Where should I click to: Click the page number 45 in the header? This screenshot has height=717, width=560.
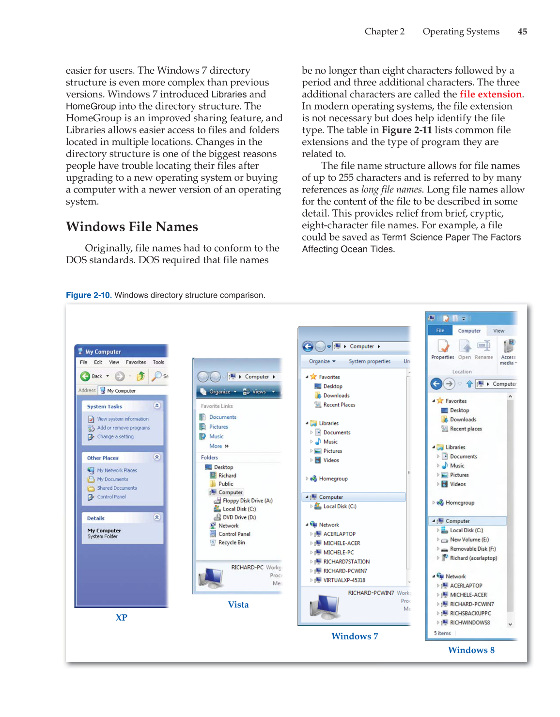pyautogui.click(x=522, y=32)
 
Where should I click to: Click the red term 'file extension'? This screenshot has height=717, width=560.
pyautogui.click(x=491, y=94)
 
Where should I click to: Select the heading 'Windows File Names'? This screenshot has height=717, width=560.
pyautogui.click(x=132, y=227)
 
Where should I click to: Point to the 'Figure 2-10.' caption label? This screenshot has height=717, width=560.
pyautogui.click(x=89, y=295)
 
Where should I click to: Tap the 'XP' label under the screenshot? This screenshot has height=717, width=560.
pyautogui.click(x=121, y=618)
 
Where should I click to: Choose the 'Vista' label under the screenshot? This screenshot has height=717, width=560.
pyautogui.click(x=238, y=605)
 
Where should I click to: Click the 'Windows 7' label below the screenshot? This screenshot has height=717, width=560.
pyautogui.click(x=355, y=637)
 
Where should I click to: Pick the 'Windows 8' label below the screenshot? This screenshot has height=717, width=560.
pyautogui.click(x=471, y=650)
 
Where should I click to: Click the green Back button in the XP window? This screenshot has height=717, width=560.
pyautogui.click(x=86, y=376)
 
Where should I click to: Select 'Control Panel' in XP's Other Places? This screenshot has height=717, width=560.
pyautogui.click(x=111, y=497)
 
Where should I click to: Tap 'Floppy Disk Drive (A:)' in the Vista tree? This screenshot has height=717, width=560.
pyautogui.click(x=247, y=501)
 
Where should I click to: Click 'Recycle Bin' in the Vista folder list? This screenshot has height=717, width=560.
pyautogui.click(x=232, y=542)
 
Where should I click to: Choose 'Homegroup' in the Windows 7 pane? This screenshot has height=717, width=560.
pyautogui.click(x=333, y=478)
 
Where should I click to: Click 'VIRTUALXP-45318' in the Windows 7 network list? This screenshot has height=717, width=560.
pyautogui.click(x=344, y=580)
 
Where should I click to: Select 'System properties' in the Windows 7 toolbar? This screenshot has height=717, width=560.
pyautogui.click(x=369, y=361)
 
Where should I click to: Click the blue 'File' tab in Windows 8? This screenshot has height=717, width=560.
pyautogui.click(x=440, y=331)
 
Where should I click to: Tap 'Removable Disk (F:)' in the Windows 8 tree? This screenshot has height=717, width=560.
pyautogui.click(x=472, y=549)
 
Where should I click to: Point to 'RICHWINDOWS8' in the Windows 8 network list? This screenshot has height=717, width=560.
pyautogui.click(x=469, y=622)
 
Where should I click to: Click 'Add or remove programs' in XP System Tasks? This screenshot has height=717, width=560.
pyautogui.click(x=123, y=428)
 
